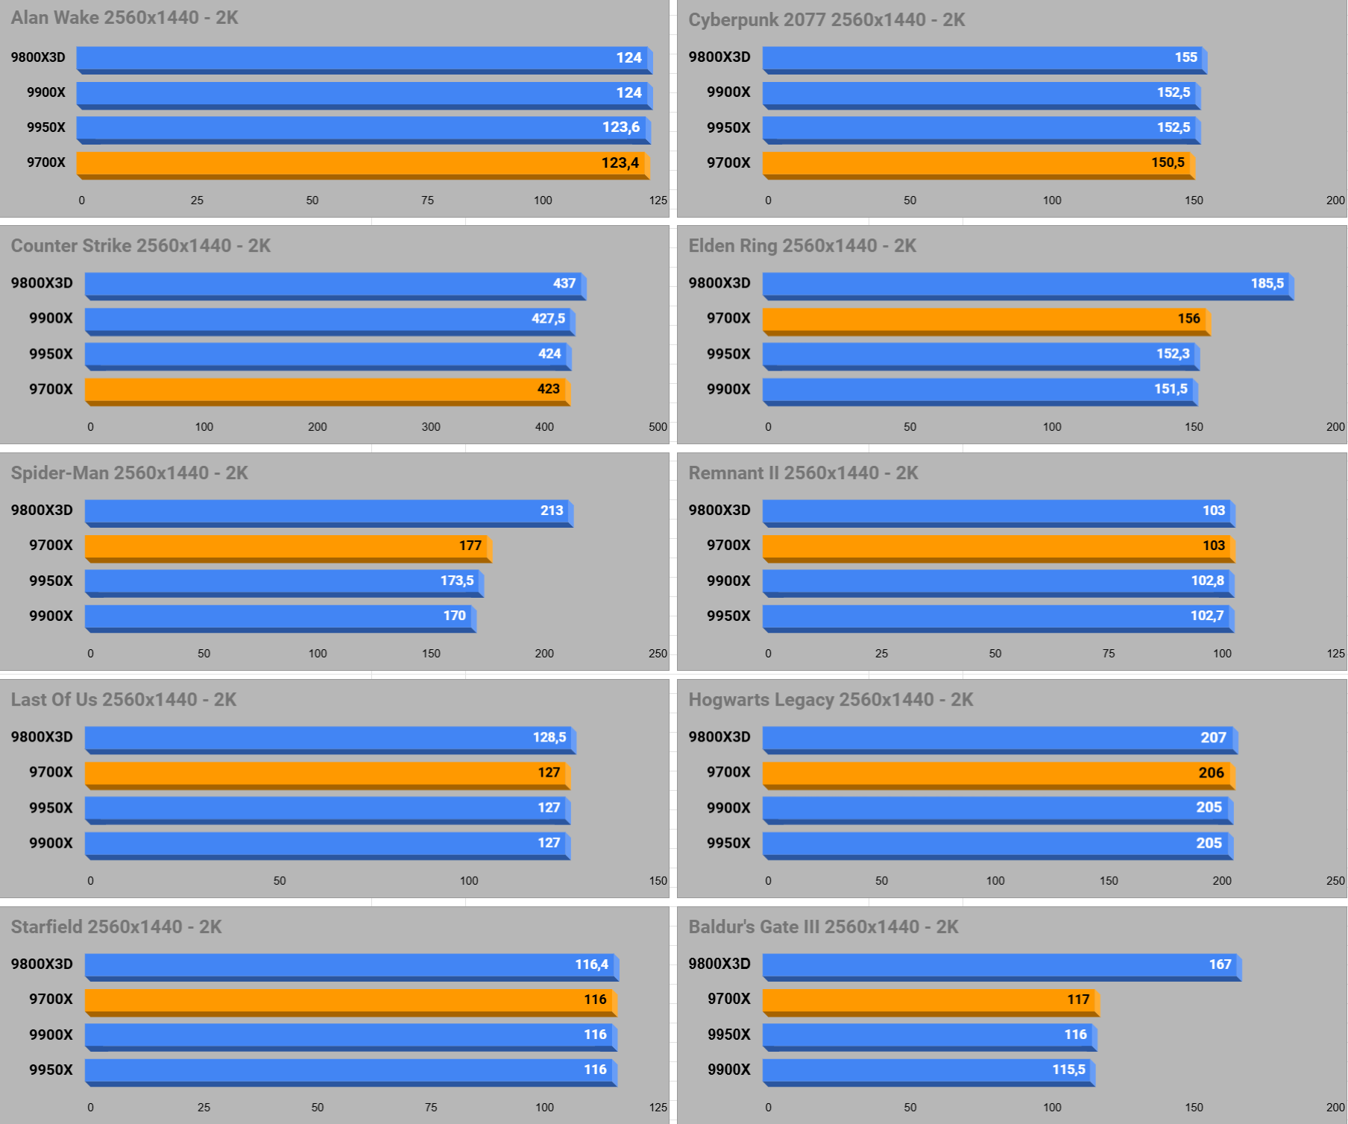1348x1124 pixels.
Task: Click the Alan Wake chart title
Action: (x=125, y=18)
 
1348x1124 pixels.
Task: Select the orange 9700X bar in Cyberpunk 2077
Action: (x=977, y=163)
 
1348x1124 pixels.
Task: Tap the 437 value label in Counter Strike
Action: (x=564, y=283)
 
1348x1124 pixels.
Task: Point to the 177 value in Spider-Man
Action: (x=470, y=546)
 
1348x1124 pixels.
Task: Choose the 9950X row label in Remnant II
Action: (x=728, y=616)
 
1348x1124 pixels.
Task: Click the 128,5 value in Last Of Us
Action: (x=549, y=737)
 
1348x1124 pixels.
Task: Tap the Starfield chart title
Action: (x=116, y=927)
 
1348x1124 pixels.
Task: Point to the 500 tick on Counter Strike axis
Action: (x=658, y=427)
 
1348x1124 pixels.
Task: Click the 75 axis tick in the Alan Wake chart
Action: (x=427, y=201)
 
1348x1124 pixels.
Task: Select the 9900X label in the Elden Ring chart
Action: (x=728, y=389)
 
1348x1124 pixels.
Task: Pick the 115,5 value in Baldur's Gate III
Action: (x=1068, y=1070)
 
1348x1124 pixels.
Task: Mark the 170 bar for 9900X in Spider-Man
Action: (x=280, y=616)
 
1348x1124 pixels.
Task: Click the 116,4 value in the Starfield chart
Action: (x=591, y=964)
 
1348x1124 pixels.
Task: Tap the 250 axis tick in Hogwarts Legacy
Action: (x=1335, y=881)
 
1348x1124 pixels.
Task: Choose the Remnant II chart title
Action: (x=803, y=473)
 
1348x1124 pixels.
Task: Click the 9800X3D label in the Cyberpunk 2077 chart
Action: (x=719, y=57)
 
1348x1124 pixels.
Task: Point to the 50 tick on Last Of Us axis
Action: (x=280, y=881)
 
